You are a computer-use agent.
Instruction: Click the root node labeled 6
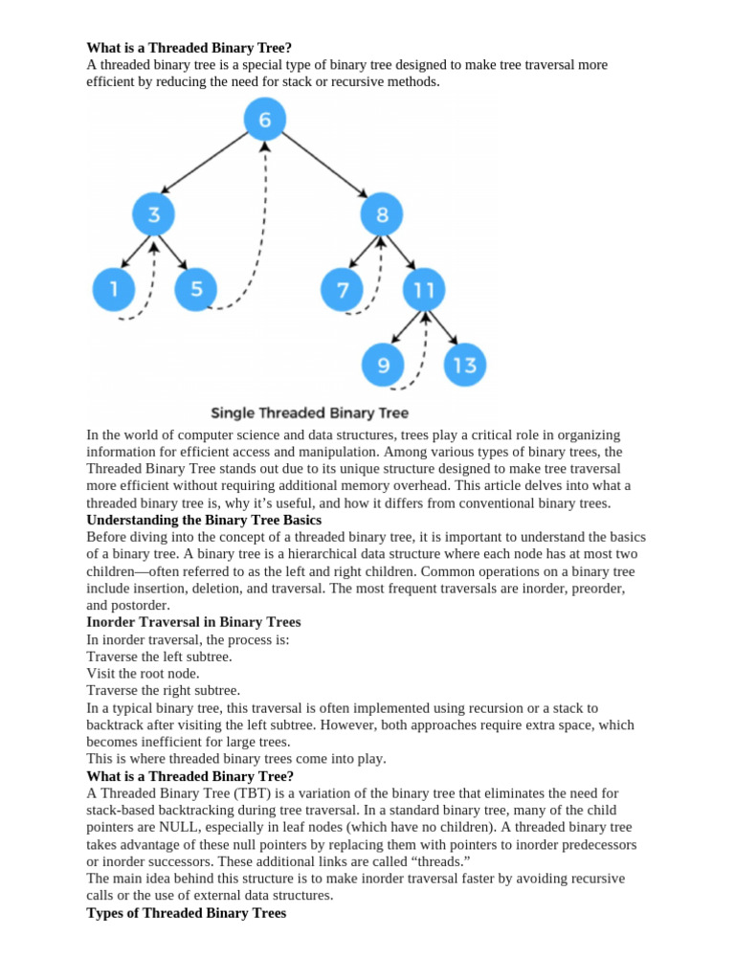[x=265, y=120]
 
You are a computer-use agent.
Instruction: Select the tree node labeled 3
[x=154, y=214]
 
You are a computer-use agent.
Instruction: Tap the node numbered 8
[x=382, y=214]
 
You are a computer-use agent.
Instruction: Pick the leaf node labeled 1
[x=115, y=289]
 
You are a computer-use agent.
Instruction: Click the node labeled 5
[x=196, y=289]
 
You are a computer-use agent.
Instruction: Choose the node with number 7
[x=343, y=289]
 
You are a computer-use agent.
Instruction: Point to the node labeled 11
[x=425, y=289]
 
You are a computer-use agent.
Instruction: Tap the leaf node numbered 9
[x=383, y=365]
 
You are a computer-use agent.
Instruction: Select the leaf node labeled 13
[x=465, y=365]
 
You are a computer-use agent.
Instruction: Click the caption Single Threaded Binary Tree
[x=309, y=413]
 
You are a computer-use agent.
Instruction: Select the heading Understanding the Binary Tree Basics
[x=204, y=520]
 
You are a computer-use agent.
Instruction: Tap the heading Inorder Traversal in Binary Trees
[x=193, y=622]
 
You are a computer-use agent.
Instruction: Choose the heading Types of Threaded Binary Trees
[x=186, y=913]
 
